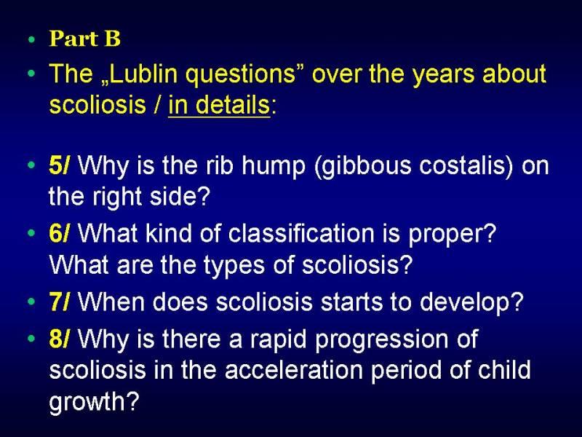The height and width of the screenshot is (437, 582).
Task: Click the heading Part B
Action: click(85, 39)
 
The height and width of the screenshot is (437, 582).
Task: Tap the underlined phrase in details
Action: click(219, 105)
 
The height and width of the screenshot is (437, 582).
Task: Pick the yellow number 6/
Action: click(59, 233)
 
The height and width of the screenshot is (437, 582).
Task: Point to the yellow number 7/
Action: click(59, 302)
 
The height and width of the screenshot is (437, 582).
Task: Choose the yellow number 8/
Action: click(59, 339)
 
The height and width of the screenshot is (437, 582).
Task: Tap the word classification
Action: click(301, 233)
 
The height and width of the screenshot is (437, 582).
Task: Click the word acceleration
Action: click(294, 370)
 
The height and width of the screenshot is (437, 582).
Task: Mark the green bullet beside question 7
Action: click(31, 302)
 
